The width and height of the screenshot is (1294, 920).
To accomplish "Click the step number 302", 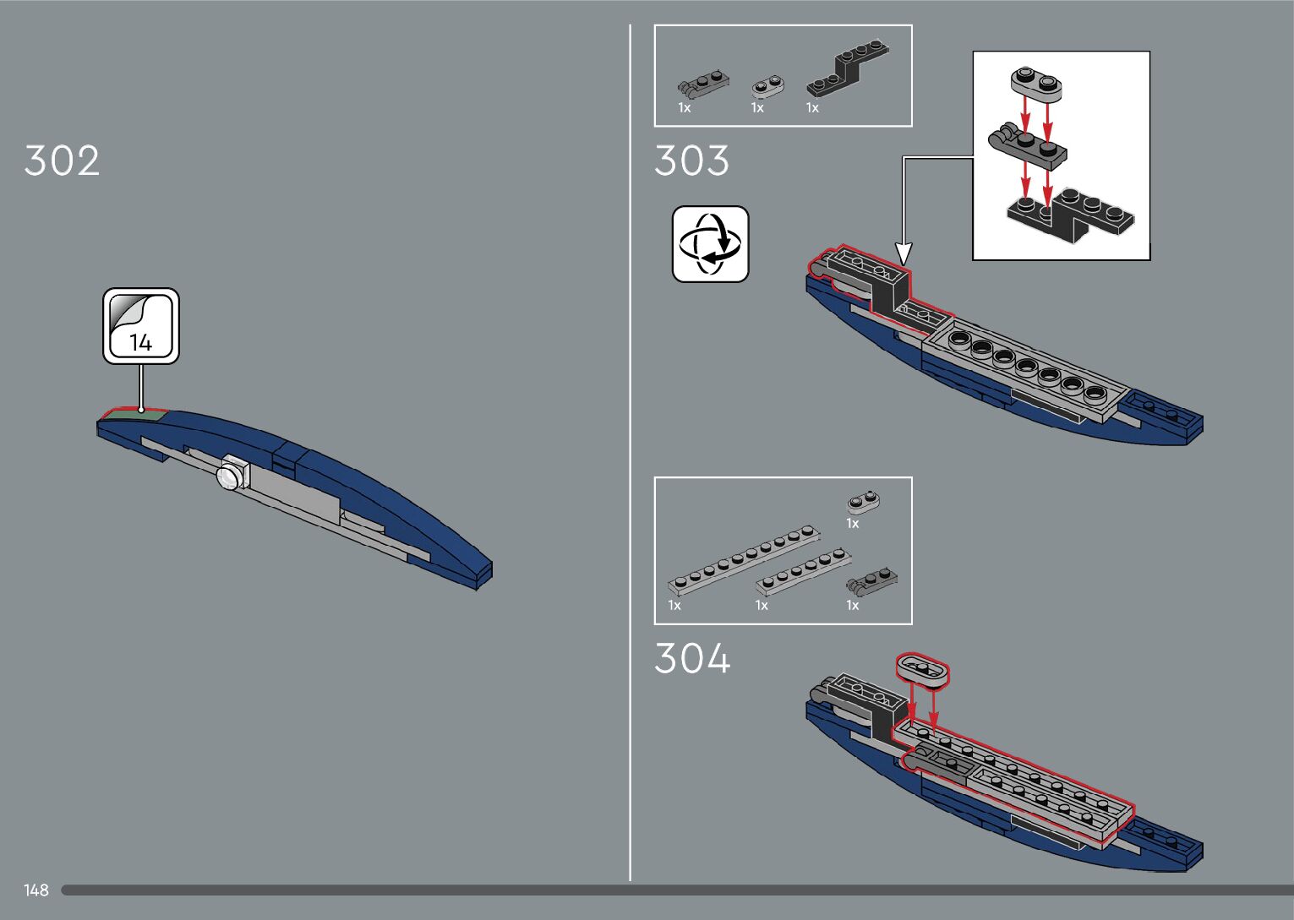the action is click(x=62, y=161).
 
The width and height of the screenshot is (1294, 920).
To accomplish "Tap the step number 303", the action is click(x=691, y=161).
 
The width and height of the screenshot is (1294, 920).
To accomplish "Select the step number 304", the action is click(x=692, y=659).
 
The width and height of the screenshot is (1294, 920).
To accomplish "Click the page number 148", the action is click(x=36, y=890).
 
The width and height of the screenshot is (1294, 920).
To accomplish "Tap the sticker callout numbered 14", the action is click(x=141, y=326).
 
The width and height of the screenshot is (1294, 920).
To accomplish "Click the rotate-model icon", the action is click(x=710, y=244).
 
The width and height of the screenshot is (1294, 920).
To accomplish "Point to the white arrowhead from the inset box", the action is click(x=904, y=253).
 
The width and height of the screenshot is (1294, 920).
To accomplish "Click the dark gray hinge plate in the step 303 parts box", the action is click(x=703, y=83).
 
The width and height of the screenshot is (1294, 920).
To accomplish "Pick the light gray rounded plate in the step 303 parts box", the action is click(x=768, y=85).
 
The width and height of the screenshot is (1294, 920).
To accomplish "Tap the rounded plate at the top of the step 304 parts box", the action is click(x=863, y=502).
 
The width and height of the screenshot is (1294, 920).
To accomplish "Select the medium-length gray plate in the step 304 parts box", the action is click(x=803, y=572).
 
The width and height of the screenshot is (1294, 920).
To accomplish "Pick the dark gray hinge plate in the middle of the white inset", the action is click(x=1025, y=143).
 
